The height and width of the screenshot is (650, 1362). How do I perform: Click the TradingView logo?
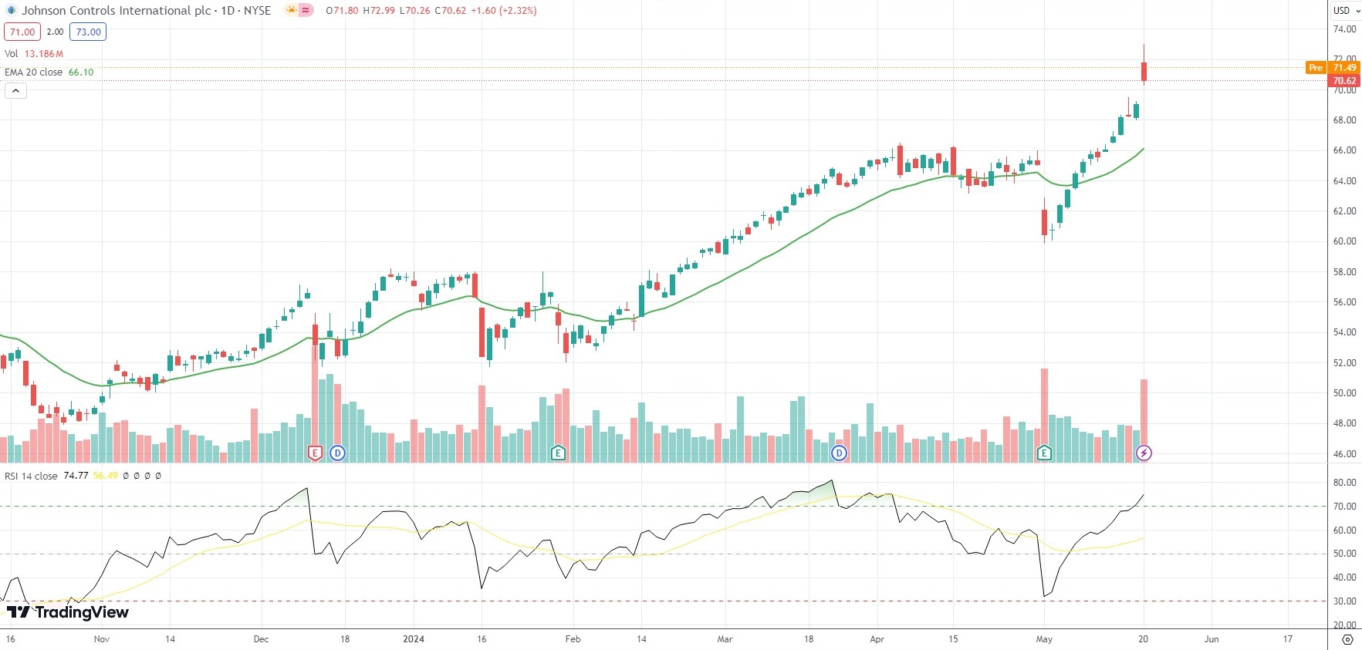click(68, 612)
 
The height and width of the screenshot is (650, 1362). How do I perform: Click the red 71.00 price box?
click(22, 32)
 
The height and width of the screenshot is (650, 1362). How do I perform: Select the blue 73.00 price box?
click(88, 32)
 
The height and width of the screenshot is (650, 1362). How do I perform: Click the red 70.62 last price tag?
click(1343, 80)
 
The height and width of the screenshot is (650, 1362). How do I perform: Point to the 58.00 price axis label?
click(1344, 272)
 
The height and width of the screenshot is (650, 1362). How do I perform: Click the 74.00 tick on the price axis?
click(1344, 29)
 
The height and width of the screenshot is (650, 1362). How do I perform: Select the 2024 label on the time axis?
click(414, 639)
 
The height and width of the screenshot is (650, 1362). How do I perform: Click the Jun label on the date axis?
click(1212, 639)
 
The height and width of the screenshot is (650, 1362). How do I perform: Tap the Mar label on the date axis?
click(725, 639)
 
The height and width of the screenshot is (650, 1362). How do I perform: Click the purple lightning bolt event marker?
click(1144, 453)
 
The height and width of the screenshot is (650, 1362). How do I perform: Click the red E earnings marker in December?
click(315, 453)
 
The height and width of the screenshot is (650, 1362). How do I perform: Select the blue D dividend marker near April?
click(839, 453)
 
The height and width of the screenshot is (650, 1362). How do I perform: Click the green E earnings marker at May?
click(1044, 453)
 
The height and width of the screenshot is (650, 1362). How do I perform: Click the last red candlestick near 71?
click(1144, 71)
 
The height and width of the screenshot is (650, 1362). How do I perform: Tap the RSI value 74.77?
click(76, 476)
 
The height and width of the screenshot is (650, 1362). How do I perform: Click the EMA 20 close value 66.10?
click(81, 72)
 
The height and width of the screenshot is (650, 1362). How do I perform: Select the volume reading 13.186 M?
click(44, 54)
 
